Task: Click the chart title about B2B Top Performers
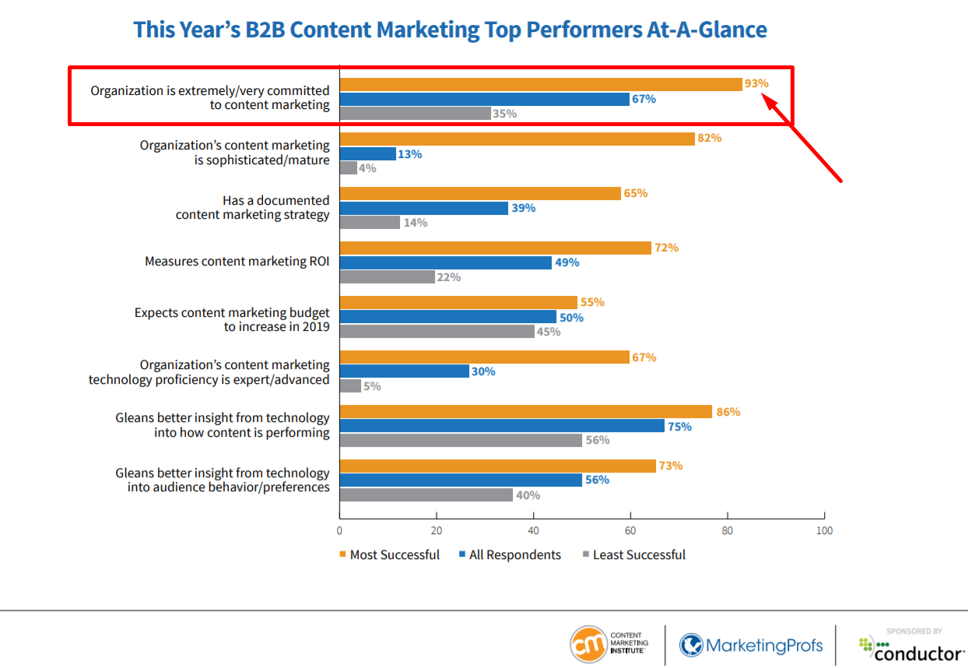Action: tap(450, 30)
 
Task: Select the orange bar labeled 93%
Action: tap(541, 84)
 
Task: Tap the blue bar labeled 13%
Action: tap(367, 154)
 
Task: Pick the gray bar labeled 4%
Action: tap(348, 168)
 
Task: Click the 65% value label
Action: tap(635, 193)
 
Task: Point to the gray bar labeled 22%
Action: tap(387, 277)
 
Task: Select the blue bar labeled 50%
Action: tap(447, 318)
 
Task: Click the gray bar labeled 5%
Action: tap(350, 386)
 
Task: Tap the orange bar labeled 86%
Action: tap(525, 412)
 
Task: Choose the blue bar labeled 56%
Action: tap(461, 480)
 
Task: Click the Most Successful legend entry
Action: tap(389, 555)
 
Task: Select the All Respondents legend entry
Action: tap(510, 555)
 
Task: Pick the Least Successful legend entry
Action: tap(633, 555)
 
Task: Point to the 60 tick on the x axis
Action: tap(630, 531)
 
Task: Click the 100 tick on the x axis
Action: tap(824, 531)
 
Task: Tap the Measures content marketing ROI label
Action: tap(237, 262)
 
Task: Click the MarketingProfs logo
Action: tap(750, 645)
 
